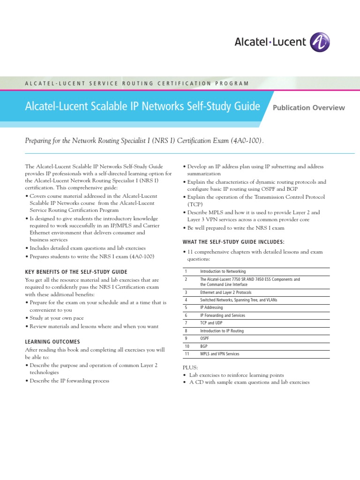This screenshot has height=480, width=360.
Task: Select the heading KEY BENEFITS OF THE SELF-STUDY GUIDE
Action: point(76,272)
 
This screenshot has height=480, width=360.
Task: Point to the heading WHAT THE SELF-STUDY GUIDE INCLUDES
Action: point(233,242)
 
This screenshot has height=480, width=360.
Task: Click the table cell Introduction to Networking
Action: point(223,271)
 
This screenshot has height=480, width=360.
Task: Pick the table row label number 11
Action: point(186,354)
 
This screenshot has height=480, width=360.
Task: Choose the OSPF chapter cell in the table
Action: point(205,338)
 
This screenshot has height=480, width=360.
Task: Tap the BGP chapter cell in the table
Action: point(204,346)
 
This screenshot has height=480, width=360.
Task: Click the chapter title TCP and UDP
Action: point(211,323)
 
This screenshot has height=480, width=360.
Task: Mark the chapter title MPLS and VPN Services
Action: point(219,354)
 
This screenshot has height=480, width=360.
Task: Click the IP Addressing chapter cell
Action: point(211,307)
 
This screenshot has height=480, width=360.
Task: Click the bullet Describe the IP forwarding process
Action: point(69,381)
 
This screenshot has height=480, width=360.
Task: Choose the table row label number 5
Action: point(186,307)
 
